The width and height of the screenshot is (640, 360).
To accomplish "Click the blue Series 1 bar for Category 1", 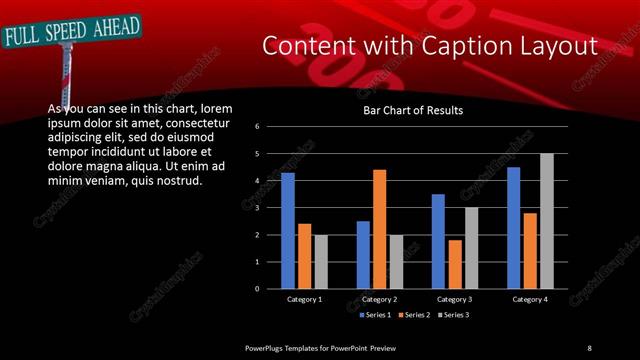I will pyautogui.click(x=288, y=231).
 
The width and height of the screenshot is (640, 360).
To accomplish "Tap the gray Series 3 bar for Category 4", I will pyautogui.click(x=546, y=221).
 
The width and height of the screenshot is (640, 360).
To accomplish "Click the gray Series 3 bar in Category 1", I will pyautogui.click(x=320, y=262).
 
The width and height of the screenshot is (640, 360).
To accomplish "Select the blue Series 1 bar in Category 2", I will pyautogui.click(x=363, y=255).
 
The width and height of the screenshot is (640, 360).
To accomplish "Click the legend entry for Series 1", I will pyautogui.click(x=371, y=315).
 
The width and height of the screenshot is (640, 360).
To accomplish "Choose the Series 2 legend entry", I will pyautogui.click(x=412, y=315).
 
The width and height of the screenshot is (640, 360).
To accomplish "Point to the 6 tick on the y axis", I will pyautogui.click(x=257, y=127).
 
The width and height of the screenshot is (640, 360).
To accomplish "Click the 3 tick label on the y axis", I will pyautogui.click(x=257, y=208).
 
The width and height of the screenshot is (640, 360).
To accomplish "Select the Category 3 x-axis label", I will pyautogui.click(x=455, y=300).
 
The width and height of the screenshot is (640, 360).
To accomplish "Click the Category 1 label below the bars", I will pyautogui.click(x=304, y=300).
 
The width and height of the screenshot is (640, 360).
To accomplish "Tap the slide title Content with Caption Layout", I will pyautogui.click(x=430, y=46).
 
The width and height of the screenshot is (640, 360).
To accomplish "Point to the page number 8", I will pyautogui.click(x=589, y=347).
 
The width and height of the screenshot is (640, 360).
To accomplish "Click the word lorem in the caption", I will pyautogui.click(x=217, y=108).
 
